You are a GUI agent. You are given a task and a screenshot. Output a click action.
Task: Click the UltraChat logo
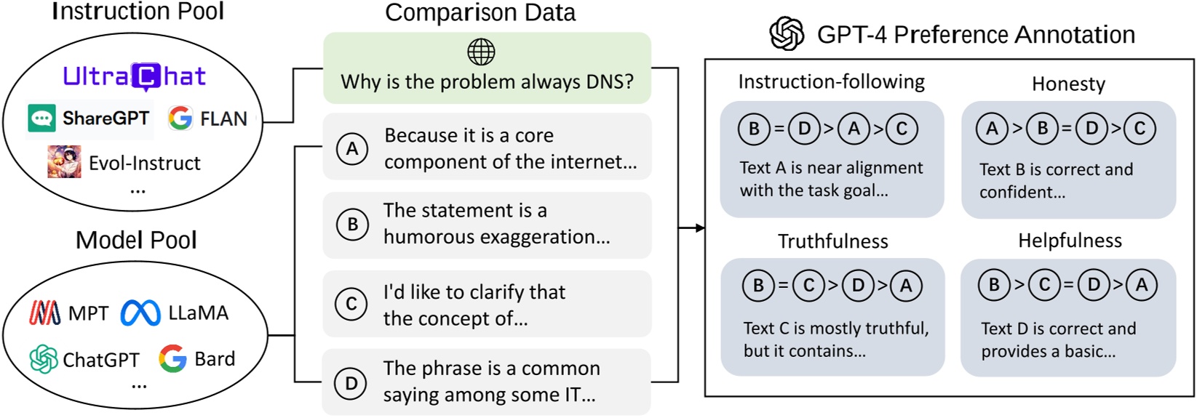point(135,76)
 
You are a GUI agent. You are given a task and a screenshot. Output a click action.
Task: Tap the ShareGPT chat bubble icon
point(41,118)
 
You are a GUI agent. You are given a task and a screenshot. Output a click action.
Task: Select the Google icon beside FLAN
point(180,118)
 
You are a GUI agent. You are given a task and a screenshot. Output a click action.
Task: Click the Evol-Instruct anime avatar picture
point(64,161)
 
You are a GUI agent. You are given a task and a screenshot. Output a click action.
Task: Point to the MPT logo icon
point(45,313)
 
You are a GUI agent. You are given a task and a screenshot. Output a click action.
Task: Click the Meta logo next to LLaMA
point(140,313)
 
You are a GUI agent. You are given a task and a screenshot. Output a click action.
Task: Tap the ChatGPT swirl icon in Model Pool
point(44,359)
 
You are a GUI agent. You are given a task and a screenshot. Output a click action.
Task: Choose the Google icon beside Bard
point(172,358)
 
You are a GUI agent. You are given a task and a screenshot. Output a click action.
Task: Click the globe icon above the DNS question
point(481,52)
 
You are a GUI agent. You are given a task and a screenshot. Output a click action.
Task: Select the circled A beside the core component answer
point(352,148)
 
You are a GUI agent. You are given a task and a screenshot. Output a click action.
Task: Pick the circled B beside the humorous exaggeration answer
point(352,225)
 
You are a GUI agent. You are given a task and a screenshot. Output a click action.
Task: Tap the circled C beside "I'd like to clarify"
point(351,304)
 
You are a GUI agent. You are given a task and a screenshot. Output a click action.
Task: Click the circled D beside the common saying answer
point(351,382)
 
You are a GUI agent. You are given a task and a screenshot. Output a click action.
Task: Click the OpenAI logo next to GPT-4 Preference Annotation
point(787,34)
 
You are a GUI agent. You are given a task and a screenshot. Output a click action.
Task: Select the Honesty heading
point(1068,84)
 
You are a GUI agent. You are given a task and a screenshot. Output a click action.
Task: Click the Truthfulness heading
point(832,241)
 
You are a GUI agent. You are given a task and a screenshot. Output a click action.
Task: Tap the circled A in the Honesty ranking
point(992,129)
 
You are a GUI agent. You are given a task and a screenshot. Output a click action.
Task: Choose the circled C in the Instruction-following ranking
point(902,129)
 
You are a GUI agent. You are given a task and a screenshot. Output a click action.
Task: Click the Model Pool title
point(136,240)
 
